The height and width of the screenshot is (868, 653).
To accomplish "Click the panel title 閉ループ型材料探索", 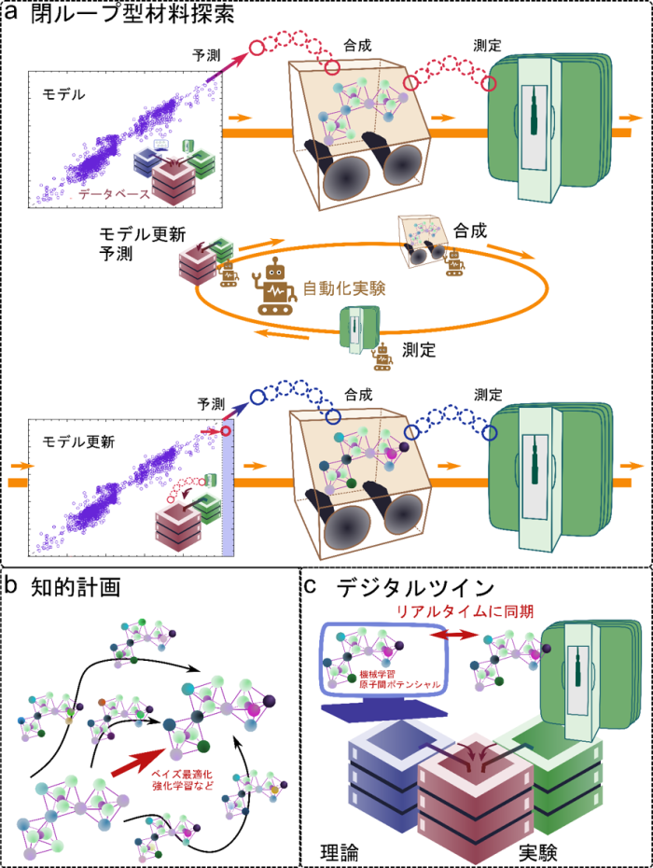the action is [x=132, y=14].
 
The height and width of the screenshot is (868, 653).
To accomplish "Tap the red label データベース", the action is [x=115, y=194].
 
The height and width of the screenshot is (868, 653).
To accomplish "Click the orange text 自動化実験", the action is [x=344, y=288].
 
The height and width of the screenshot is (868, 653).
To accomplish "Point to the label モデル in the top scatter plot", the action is [x=64, y=94].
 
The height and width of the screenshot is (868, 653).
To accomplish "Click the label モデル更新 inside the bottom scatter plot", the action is [x=78, y=441].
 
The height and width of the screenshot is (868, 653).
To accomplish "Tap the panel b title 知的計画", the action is [x=76, y=587].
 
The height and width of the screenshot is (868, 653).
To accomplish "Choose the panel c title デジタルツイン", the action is [x=415, y=587].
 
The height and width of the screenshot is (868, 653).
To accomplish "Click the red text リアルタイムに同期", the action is [x=465, y=611].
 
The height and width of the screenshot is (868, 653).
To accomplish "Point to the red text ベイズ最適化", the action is [x=182, y=775].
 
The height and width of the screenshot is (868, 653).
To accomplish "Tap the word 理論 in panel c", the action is [x=340, y=852].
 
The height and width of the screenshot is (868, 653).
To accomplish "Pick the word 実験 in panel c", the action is [x=538, y=852].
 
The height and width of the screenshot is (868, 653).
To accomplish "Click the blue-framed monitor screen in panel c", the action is [x=384, y=659].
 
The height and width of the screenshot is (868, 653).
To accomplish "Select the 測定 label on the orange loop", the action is [x=419, y=350].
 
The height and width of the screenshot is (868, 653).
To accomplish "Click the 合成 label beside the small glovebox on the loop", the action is [x=470, y=231].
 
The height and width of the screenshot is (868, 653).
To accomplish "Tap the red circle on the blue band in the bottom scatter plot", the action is [x=226, y=430].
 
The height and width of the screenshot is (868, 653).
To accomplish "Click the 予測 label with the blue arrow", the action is [x=212, y=404].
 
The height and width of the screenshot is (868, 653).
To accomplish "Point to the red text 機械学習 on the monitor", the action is [x=373, y=674].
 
